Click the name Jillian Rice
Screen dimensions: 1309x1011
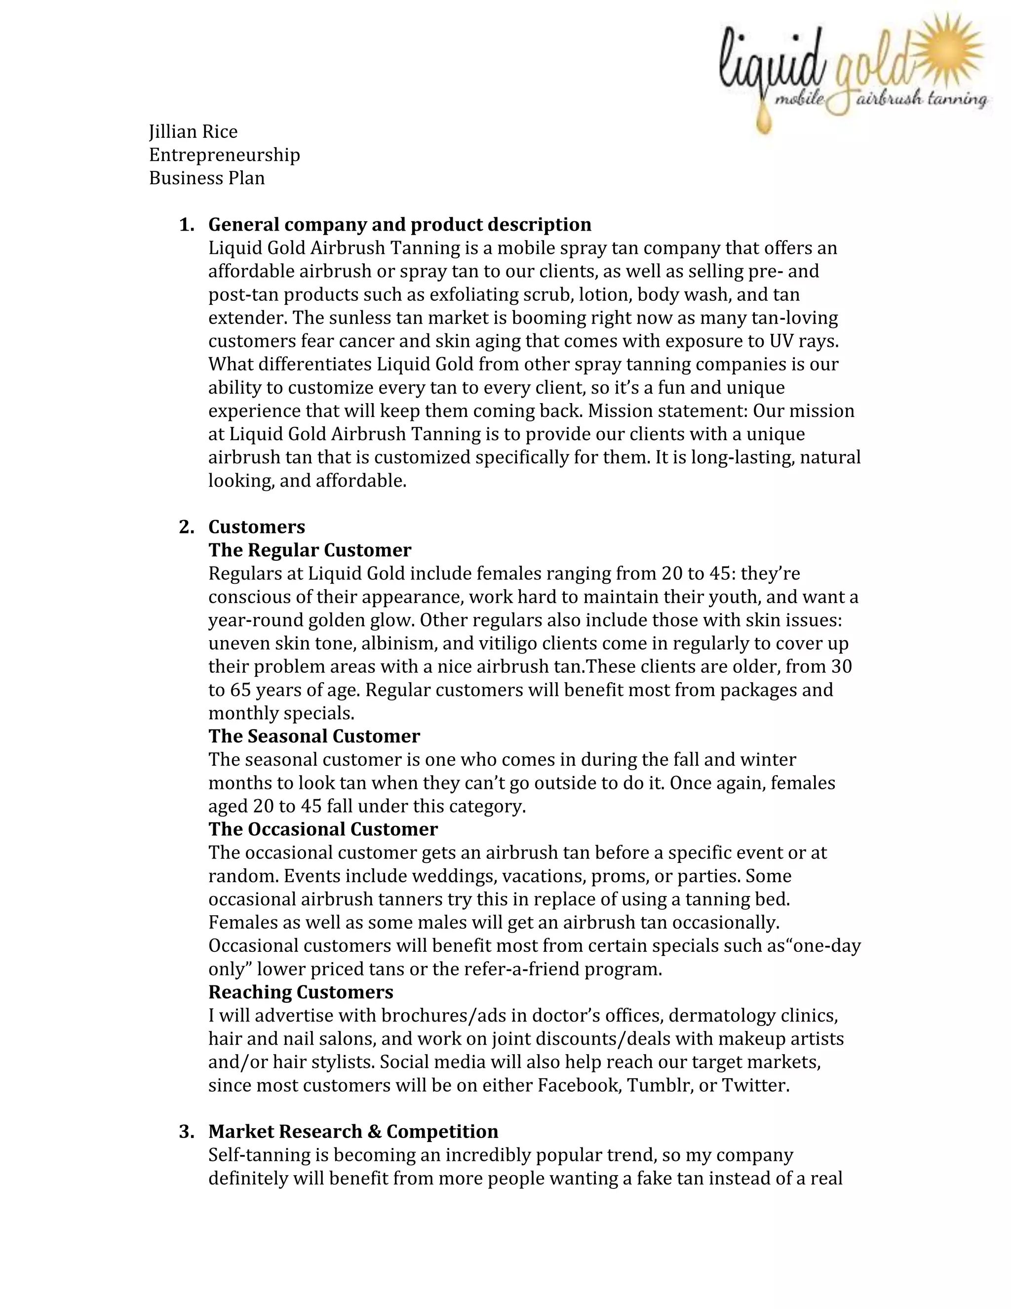pyautogui.click(x=193, y=132)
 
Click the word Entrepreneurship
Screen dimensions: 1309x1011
pyautogui.click(x=224, y=155)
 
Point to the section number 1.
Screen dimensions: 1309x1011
pyautogui.click(x=186, y=225)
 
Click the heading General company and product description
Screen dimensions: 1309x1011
pyautogui.click(x=399, y=225)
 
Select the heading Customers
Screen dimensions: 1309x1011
pyautogui.click(x=256, y=527)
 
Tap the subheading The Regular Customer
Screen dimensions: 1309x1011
pyautogui.click(x=310, y=550)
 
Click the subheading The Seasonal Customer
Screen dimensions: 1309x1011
pyautogui.click(x=314, y=736)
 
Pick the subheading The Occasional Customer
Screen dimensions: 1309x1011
pyautogui.click(x=323, y=829)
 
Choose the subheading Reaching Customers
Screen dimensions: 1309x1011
pyautogui.click(x=301, y=992)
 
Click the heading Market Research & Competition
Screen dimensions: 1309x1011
pyautogui.click(x=353, y=1132)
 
